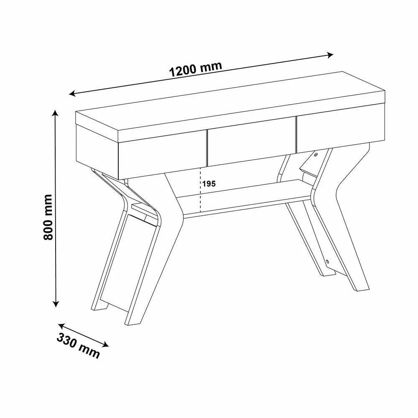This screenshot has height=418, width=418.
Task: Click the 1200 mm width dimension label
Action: pos(196,69)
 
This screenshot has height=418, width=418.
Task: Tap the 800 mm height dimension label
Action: pos(48,217)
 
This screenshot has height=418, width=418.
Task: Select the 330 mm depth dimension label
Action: pos(78,346)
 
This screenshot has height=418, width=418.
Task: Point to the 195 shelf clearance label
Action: pos(209,184)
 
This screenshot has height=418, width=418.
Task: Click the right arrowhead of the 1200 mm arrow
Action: pos(331,55)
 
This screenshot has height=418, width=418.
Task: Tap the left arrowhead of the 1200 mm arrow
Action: pos(72,94)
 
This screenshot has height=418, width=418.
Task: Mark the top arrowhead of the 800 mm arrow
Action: pos(55,113)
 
